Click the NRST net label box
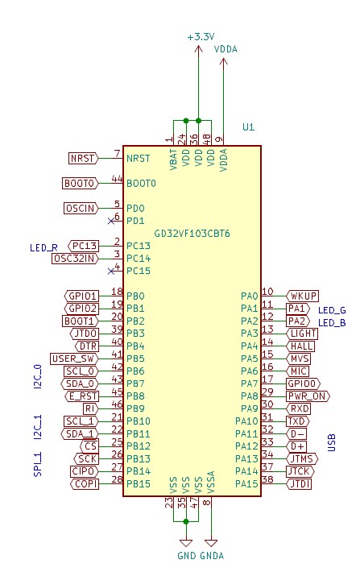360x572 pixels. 83,159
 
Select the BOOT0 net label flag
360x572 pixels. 81,183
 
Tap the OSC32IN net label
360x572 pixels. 75,259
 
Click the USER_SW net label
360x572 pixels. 74,359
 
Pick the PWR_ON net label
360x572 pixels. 308,396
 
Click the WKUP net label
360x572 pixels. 302,296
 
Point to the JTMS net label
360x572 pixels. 302,458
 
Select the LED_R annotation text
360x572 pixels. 43,248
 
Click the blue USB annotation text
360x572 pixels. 332,442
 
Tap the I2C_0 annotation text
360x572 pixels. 39,376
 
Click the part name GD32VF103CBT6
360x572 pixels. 192,234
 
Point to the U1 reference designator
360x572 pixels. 248,127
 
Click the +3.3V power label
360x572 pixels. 201,37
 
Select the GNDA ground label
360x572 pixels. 212,556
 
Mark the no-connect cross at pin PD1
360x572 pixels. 111,221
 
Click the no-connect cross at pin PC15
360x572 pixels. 111,271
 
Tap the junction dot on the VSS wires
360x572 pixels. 186,522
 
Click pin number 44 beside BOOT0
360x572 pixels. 117,179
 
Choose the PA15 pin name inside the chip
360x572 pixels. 246,483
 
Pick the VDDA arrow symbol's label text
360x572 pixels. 226,49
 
